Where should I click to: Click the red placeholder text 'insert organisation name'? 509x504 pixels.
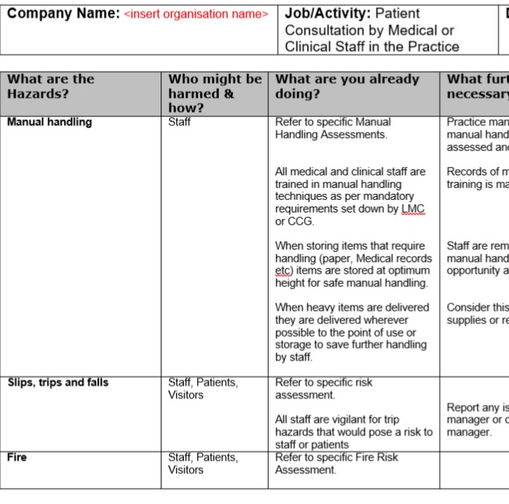tap(196, 14)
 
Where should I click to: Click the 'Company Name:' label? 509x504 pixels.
tap(63, 13)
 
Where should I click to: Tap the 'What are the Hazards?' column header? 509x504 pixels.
tap(51, 86)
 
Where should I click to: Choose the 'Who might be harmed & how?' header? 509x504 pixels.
tap(214, 93)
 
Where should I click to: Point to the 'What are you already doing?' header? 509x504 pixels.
tap(348, 86)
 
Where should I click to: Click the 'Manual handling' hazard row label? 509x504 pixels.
tap(50, 122)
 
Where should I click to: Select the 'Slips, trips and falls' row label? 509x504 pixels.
tap(58, 383)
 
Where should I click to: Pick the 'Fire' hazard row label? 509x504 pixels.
tap(17, 457)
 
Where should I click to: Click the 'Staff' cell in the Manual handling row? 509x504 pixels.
tap(179, 122)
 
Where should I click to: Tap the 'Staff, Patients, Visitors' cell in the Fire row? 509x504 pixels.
tap(202, 463)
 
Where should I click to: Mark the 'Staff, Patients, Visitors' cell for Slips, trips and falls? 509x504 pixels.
tap(202, 389)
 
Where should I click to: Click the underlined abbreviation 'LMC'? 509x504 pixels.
tap(412, 209)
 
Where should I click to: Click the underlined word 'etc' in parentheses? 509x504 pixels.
tap(283, 271)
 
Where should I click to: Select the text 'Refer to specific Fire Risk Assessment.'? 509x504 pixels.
tap(336, 463)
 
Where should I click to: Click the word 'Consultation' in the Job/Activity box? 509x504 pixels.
tap(324, 30)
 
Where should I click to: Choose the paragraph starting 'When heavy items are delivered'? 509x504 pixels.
tap(352, 332)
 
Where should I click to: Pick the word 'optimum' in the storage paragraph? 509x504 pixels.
tap(407, 271)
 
